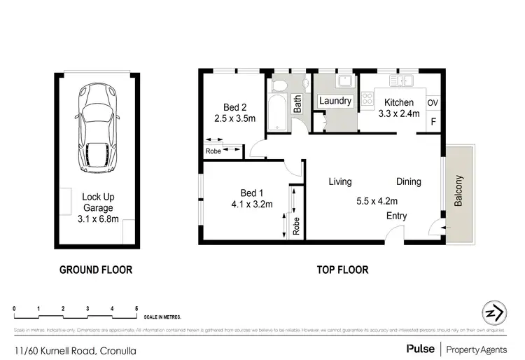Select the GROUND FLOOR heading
[x=95, y=269]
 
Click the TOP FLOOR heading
[x=342, y=269]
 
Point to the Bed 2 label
[x=234, y=107]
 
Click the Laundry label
[x=335, y=102]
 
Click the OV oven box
[x=433, y=103]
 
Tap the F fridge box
[x=433, y=122]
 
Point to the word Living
[x=340, y=182]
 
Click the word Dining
[x=408, y=182]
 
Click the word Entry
[x=396, y=216]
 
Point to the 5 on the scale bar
[x=136, y=308]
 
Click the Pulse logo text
[x=419, y=348]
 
